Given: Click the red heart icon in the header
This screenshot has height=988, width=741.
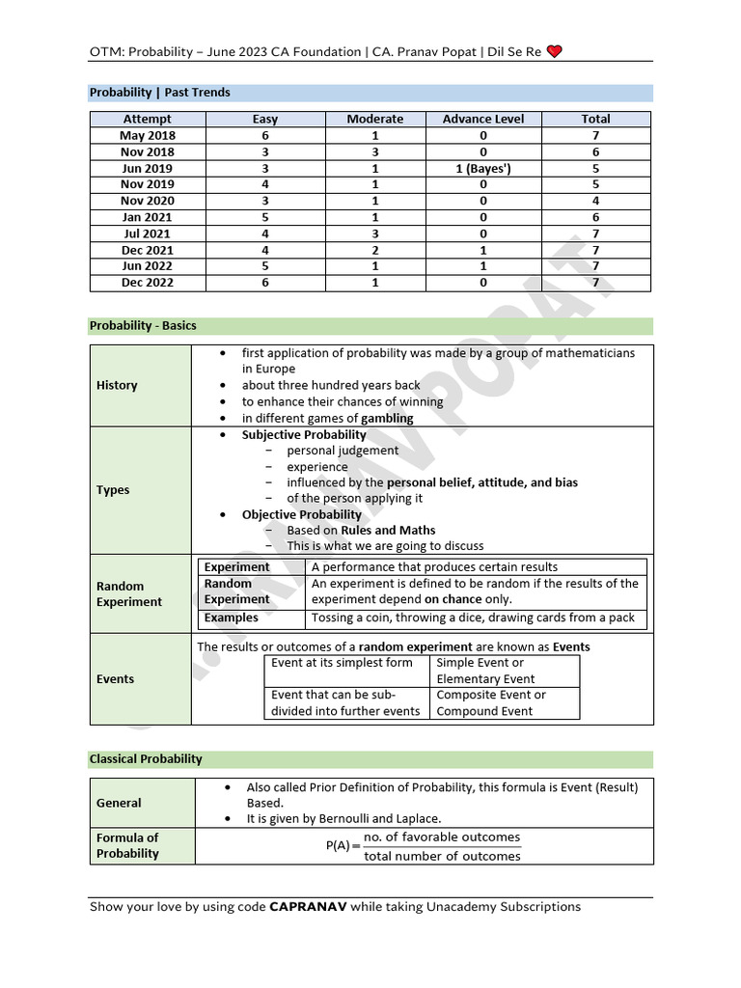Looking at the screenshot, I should coord(554,51).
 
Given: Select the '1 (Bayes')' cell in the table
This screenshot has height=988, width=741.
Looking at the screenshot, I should coord(483,168).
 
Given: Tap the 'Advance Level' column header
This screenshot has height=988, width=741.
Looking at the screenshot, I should coord(483,119).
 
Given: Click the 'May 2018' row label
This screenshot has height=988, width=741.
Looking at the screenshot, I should coord(148,135).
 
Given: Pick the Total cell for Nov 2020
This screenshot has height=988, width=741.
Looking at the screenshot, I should coord(595,201).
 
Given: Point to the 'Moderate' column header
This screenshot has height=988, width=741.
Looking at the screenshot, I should coord(375,119).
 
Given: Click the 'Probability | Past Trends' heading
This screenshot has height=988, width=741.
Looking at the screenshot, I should coord(159,93).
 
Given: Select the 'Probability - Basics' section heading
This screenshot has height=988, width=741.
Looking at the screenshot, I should coord(143,326).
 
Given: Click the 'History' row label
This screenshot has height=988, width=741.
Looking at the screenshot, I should coord(117,385).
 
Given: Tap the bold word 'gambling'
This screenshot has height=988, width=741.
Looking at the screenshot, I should coord(387,418).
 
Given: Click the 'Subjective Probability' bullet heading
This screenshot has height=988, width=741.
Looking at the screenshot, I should coord(304,434).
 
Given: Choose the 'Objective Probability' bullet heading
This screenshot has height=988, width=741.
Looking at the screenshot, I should coord(301,514).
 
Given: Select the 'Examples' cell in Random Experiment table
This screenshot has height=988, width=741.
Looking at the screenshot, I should coord(232,617).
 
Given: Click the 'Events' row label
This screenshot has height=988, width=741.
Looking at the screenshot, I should coord(116,678).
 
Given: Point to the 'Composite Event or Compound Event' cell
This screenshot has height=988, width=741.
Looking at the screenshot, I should coord(491,702).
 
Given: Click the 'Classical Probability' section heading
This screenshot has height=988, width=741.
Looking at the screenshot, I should coord(146,759).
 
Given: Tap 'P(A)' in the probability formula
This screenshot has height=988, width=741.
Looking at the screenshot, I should coord(339,846).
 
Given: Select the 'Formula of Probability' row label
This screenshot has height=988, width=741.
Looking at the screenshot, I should coord(127,845).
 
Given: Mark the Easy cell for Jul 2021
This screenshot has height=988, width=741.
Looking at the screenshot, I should coord(265,233).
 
